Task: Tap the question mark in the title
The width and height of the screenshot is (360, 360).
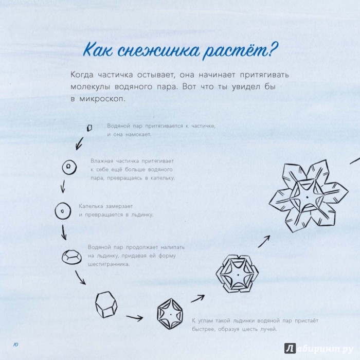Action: (272, 49)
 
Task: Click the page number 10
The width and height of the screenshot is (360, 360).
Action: (15, 345)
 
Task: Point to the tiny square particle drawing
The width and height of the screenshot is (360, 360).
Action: (89, 128)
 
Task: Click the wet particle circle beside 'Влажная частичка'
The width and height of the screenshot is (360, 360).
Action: (69, 167)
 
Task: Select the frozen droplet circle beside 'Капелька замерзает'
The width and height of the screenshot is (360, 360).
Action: (63, 211)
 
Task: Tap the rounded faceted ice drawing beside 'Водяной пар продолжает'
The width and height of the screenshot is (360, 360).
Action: (71, 257)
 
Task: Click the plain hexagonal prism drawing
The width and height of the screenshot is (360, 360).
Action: (106, 304)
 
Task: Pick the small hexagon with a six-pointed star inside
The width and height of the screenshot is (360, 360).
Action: (170, 314)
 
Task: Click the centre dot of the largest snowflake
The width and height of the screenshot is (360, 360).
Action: (307, 197)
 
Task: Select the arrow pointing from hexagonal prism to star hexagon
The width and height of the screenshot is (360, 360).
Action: (135, 318)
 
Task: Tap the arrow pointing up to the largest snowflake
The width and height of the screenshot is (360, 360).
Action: (263, 242)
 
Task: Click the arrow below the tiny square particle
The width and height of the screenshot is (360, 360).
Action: (79, 143)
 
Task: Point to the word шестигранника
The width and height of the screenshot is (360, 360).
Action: (109, 264)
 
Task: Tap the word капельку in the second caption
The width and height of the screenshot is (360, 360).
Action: (163, 178)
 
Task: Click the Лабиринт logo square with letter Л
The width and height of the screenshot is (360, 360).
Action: (290, 349)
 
